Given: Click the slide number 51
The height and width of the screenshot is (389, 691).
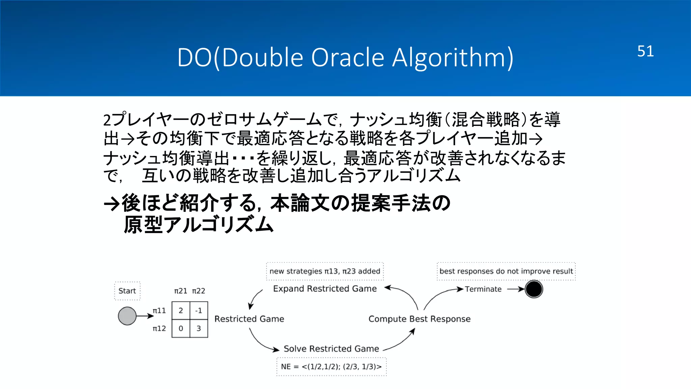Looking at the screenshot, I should point(645,51).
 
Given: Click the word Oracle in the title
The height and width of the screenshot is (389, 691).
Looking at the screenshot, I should point(347,57).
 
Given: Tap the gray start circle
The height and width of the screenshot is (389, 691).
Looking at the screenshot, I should point(127,316).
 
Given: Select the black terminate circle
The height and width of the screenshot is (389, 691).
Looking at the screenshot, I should point(534,289).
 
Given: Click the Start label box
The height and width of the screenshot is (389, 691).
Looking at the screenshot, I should point(127,291).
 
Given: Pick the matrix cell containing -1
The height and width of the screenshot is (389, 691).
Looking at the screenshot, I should point(199,310).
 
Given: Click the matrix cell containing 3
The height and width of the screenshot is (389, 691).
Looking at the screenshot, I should point(199,328).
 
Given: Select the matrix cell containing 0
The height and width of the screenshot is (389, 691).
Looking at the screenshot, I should point(181,328).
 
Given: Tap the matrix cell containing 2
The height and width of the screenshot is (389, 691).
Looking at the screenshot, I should point(181,310).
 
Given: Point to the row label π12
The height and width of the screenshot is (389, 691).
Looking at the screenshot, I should point(159,329).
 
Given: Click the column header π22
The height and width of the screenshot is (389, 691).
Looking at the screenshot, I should point(199,291).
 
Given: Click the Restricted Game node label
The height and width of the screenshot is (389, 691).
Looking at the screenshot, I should point(249,319).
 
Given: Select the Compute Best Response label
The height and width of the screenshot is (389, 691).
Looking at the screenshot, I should point(419,319).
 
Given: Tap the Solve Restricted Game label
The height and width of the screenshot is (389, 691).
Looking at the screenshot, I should point(331,348).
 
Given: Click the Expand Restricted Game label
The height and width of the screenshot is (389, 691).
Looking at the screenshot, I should point(325,289).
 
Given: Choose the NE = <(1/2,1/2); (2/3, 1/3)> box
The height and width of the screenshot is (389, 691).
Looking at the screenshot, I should point(331,367).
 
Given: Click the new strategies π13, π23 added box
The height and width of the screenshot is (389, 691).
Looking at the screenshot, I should point(325,271).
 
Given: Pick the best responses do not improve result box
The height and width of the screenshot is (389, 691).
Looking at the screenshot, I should point(506,271).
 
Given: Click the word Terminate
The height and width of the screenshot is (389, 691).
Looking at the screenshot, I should point(483,289).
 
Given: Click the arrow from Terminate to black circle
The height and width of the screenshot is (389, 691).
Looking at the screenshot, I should point(516,289).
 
